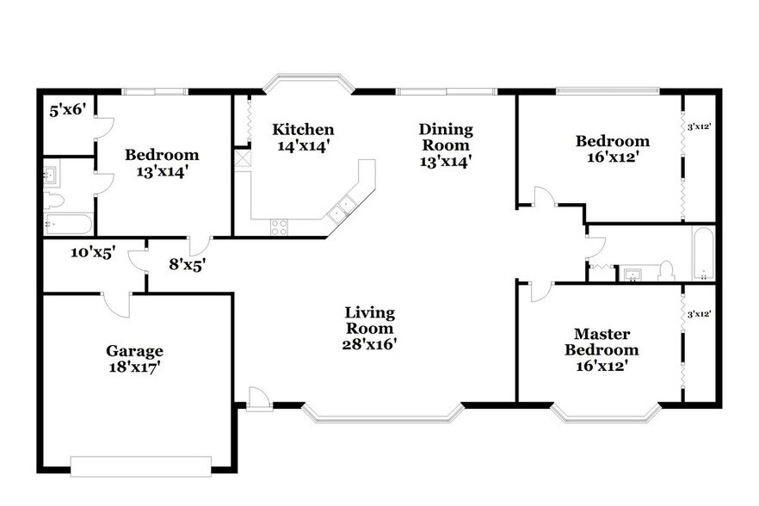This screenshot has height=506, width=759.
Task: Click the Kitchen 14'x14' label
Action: pos(303,138)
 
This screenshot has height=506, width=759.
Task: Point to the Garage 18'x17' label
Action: pos(134,359)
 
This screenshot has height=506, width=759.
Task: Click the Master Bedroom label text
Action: pos(602,342)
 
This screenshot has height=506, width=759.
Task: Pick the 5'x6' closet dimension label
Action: pos(66,110)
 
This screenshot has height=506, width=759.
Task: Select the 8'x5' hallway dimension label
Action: pos(187,264)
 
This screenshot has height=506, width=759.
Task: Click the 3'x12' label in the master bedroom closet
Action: pos(699,315)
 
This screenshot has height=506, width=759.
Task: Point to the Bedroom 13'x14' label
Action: pos(162,163)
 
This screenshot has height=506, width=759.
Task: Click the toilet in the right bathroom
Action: pos(664,272)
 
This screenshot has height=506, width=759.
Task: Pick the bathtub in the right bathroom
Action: pos(703,254)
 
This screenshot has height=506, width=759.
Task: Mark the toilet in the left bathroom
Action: pos(54,200)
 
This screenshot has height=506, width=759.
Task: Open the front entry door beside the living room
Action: pos(258,398)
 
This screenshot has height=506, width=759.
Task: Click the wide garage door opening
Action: pos(140,466)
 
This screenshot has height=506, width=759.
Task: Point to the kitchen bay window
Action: pos(308,83)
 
